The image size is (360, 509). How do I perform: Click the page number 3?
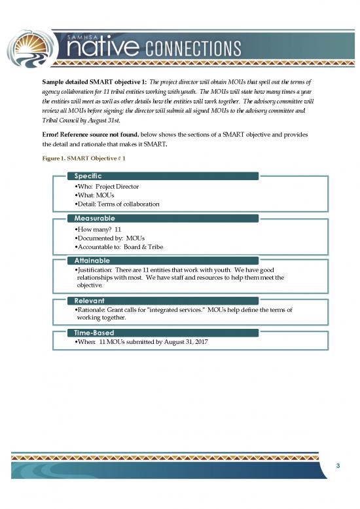[337, 465]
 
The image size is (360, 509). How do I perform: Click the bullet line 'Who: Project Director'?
[109, 187]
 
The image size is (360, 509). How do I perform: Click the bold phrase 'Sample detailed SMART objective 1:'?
[109, 83]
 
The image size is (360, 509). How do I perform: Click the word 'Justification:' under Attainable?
[96, 269]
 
